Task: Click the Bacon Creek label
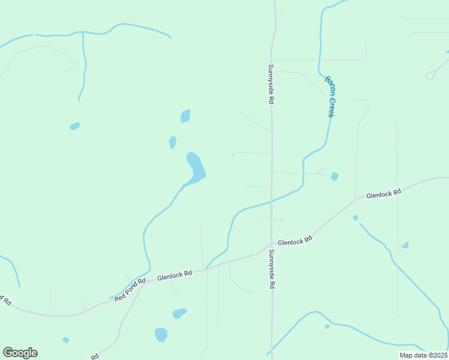point(330,96)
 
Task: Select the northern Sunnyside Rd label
point(271,84)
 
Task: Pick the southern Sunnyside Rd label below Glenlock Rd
point(271,269)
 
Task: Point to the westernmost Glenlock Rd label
point(175,276)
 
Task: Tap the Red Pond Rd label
point(130,289)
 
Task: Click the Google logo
point(20,353)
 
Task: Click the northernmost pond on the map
point(185,116)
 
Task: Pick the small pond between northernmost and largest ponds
point(173,142)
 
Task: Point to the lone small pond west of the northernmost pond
point(74,126)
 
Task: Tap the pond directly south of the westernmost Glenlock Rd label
point(179,313)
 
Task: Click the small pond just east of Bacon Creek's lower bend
point(334,176)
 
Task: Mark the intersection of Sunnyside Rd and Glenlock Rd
point(271,244)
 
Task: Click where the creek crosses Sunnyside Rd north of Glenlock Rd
point(271,202)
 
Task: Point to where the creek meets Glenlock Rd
point(207,268)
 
